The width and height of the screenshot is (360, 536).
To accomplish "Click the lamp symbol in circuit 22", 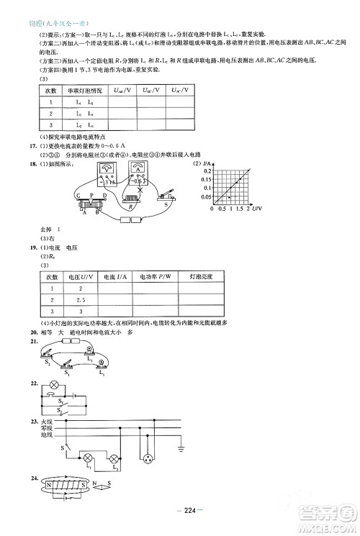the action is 53,386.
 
